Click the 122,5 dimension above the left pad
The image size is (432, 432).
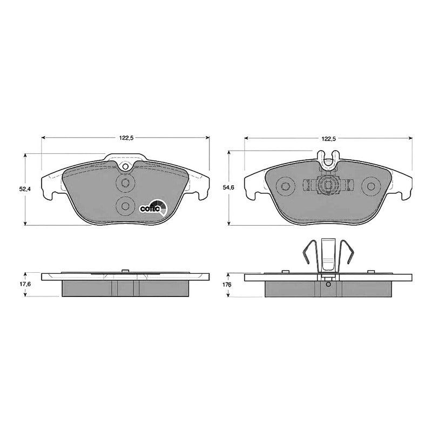[126, 138]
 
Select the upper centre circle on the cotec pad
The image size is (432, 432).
[125, 183]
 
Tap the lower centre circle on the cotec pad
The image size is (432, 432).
[125, 205]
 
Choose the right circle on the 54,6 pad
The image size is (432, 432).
[370, 186]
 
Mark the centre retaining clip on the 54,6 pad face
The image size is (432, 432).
[327, 186]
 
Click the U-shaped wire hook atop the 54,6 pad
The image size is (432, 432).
[327, 158]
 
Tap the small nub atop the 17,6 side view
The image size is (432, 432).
[125, 270]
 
